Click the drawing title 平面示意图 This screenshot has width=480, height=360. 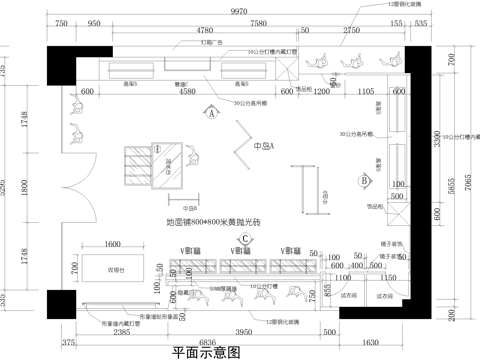(206, 352)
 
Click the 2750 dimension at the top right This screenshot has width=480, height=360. (351, 32)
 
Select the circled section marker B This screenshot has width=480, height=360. (365, 180)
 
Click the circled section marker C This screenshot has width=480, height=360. (245, 266)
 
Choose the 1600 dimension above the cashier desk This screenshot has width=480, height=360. (112, 243)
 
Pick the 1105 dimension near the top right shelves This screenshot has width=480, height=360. (366, 92)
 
